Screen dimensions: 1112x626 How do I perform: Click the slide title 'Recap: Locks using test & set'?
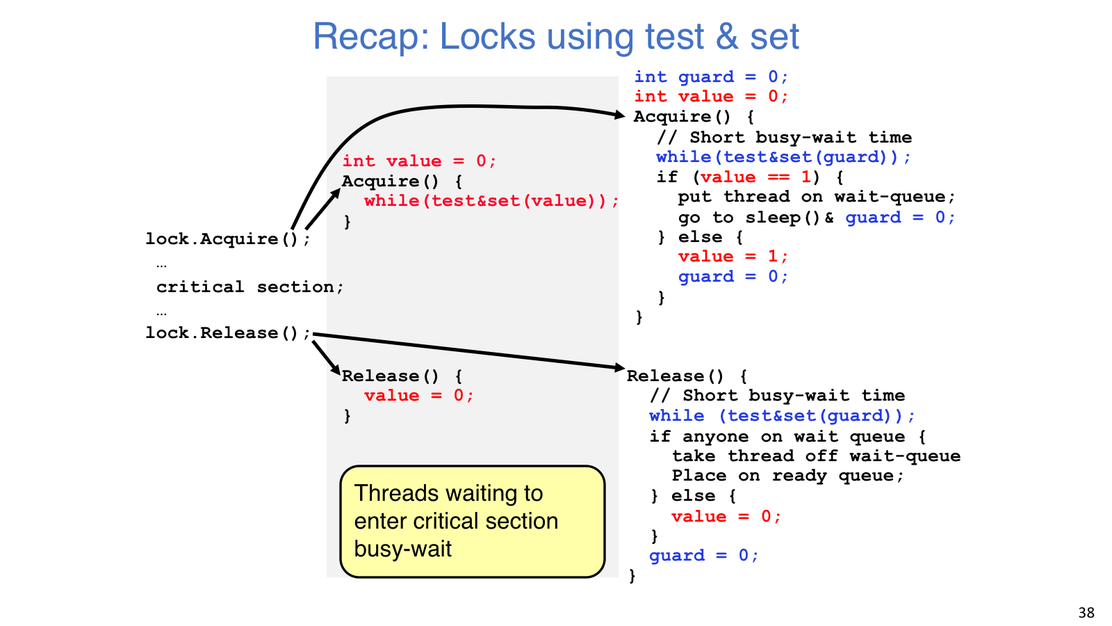point(555,36)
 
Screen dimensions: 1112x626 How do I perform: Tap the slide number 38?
point(1087,611)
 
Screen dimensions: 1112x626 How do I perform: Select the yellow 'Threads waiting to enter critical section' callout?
point(472,521)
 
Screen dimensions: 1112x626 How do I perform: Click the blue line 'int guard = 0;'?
point(711,77)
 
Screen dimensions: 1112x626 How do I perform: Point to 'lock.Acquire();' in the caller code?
point(228,239)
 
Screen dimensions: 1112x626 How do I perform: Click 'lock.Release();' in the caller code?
point(228,333)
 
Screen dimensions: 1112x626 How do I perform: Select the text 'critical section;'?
point(250,287)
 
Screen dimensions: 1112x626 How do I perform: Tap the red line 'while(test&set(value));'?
point(491,201)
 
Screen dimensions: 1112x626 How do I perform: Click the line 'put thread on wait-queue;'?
point(817,198)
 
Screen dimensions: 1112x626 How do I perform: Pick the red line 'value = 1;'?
point(733,257)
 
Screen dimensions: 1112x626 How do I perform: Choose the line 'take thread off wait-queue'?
point(816,456)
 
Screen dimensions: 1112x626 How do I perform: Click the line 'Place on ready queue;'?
point(788,476)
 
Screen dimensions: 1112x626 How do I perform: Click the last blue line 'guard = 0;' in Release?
point(704,556)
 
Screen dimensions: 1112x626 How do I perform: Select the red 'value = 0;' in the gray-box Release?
point(419,396)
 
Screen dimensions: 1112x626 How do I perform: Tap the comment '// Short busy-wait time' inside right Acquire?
point(785,138)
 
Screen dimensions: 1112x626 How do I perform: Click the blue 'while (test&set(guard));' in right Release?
point(782,416)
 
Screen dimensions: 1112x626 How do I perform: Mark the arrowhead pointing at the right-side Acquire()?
point(620,115)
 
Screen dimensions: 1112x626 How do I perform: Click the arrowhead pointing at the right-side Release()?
point(620,368)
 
